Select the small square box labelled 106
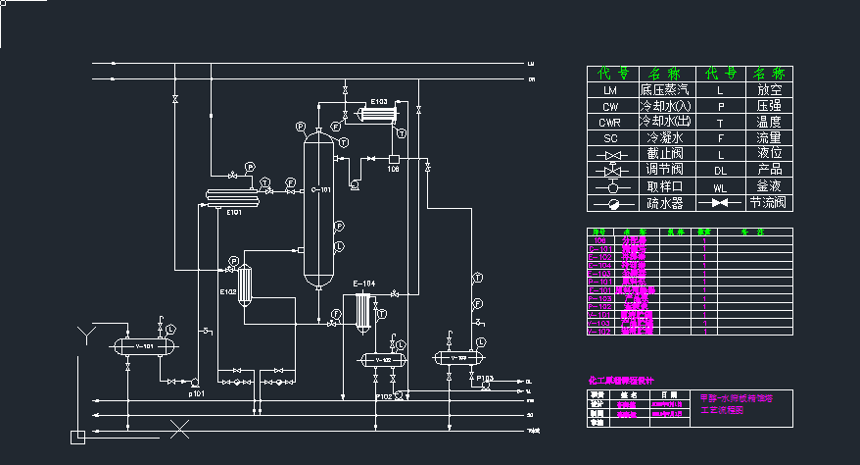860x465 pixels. (x=393, y=159)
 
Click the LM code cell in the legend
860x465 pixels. (x=610, y=89)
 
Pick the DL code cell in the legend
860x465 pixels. (x=720, y=171)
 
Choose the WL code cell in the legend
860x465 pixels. (x=720, y=186)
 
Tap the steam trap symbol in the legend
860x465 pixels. (x=610, y=203)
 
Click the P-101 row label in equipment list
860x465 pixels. (x=598, y=281)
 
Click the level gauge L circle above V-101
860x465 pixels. (x=169, y=328)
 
